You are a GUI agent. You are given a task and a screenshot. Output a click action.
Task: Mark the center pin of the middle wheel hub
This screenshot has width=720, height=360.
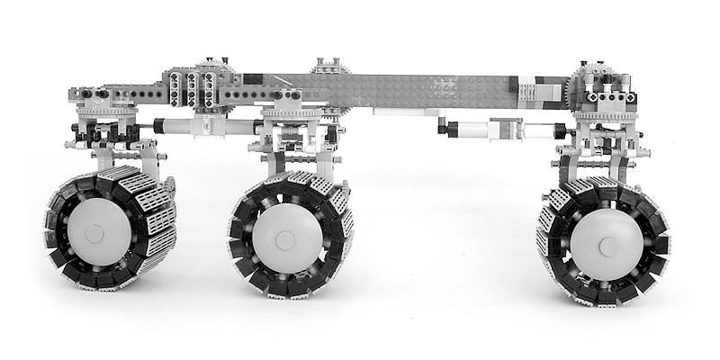pyautogui.click(x=284, y=239)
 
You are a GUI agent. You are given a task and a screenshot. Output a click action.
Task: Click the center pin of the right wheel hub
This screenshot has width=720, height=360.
pyautogui.click(x=608, y=244)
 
